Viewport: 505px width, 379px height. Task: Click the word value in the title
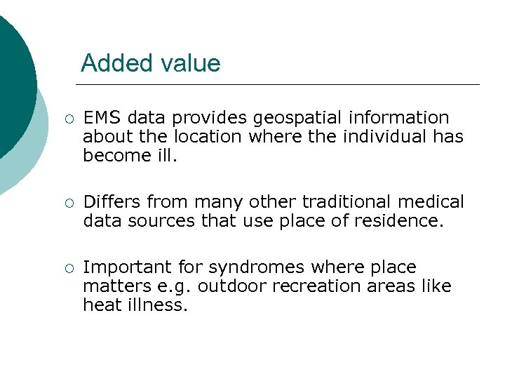(190, 63)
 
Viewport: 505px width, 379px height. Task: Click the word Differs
(112, 202)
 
